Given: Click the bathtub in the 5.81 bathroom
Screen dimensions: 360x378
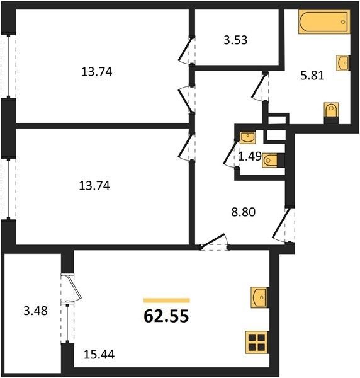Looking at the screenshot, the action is [x=324, y=21].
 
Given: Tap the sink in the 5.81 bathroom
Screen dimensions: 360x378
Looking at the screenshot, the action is [x=342, y=63].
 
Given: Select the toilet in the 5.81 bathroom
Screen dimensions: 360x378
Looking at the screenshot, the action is [x=331, y=113].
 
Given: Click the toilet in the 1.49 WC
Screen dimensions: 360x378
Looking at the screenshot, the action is [x=273, y=160].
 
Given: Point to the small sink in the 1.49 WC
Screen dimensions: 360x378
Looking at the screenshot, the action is [x=248, y=138].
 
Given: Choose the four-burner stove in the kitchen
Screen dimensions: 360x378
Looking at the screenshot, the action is [x=257, y=343].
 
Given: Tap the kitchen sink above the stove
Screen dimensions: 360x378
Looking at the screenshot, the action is [x=259, y=297].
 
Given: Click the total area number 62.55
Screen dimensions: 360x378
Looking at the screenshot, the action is [x=166, y=316].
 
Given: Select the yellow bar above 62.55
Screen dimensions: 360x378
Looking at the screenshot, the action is [x=167, y=301].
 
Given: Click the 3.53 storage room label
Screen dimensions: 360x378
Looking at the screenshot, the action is [x=235, y=40].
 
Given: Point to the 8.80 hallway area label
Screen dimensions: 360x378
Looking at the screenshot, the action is [x=243, y=212].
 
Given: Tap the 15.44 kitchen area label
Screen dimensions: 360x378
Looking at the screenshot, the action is [x=99, y=354].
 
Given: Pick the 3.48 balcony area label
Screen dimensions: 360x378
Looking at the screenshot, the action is [x=36, y=311].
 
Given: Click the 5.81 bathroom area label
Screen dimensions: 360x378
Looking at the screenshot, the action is [x=312, y=76].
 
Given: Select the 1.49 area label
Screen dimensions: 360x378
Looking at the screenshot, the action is [x=250, y=157].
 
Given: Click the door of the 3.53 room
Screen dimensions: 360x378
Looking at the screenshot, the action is [x=187, y=50].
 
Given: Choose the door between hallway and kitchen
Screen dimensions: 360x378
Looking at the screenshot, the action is [x=214, y=241].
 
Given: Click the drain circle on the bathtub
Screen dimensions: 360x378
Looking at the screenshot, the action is [x=343, y=21].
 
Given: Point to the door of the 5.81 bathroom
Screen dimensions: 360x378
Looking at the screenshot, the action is [x=260, y=86].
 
